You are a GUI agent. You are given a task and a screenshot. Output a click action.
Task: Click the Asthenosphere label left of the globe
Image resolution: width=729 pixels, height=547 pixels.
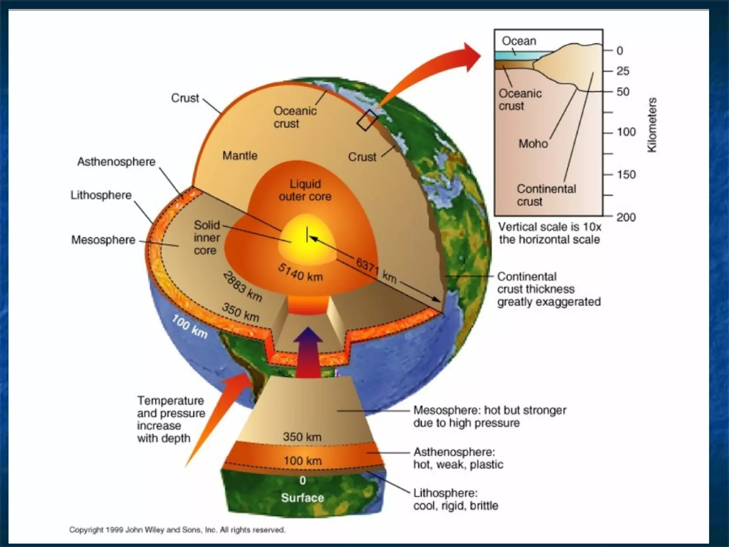tap(116, 162)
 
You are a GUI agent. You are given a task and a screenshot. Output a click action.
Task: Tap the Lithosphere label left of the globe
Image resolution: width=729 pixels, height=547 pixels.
tap(101, 195)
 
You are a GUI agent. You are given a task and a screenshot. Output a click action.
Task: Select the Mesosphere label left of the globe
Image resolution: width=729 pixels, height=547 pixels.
tap(103, 240)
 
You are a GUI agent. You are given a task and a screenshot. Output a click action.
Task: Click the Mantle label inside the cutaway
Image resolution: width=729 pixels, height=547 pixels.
tap(240, 156)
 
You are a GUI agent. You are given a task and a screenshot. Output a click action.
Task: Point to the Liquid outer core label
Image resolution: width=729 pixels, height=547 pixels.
tap(305, 190)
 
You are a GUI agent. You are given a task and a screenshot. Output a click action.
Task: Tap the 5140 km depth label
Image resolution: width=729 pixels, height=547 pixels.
tap(300, 273)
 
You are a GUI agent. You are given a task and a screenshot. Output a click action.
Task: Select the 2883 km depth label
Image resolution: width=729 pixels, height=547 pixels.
tap(243, 287)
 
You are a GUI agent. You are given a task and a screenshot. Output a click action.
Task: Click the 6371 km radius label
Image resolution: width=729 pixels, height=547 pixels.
tap(376, 270)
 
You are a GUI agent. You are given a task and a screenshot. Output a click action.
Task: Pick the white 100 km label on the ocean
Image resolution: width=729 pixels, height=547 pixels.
tap(190, 326)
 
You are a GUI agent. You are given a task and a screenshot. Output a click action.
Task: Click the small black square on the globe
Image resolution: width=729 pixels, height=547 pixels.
tap(367, 120)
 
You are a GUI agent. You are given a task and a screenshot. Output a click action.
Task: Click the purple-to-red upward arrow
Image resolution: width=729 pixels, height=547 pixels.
tap(308, 353)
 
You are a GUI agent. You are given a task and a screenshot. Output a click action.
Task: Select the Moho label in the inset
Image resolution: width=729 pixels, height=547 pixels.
tap(533, 144)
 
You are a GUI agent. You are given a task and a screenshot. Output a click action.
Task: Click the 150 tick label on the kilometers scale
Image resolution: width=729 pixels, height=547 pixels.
tap(626, 174)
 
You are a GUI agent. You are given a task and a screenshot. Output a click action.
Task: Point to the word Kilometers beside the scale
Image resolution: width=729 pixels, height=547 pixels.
tap(652, 125)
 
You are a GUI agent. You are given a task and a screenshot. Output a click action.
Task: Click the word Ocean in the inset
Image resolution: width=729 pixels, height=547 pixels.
tap(519, 41)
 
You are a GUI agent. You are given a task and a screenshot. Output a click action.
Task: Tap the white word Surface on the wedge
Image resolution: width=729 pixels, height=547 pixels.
tap(303, 497)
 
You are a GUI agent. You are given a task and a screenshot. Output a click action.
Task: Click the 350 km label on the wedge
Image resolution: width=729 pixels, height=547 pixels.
tap(302, 437)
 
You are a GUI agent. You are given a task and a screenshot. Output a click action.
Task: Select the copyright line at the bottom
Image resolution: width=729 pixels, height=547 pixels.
tap(177, 530)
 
